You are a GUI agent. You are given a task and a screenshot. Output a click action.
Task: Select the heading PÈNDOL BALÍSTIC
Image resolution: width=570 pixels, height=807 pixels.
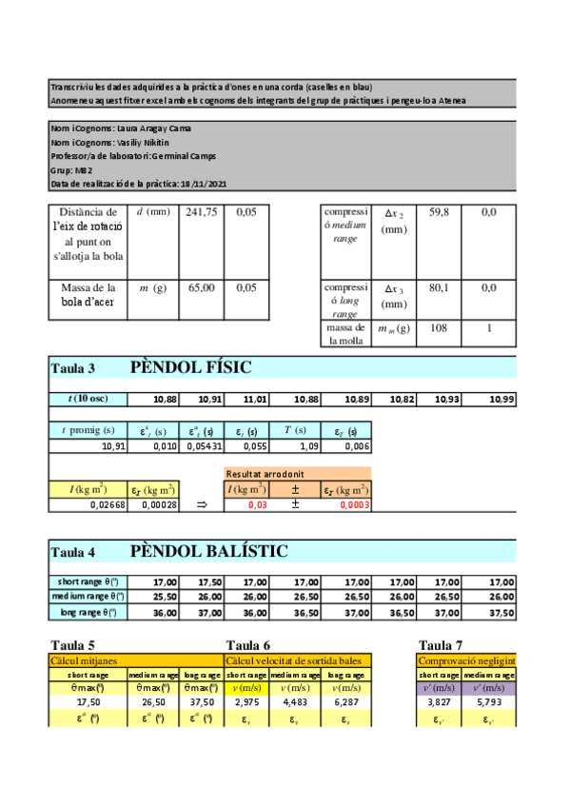(208, 552)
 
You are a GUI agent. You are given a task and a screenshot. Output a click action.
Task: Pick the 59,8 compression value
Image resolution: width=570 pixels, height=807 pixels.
(439, 212)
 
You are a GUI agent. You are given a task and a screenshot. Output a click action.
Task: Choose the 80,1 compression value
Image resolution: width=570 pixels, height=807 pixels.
(439, 286)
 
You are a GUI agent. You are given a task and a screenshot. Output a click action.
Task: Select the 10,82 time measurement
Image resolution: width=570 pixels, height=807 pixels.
(403, 398)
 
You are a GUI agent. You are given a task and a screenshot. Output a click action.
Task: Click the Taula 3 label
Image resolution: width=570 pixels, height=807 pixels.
(72, 369)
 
